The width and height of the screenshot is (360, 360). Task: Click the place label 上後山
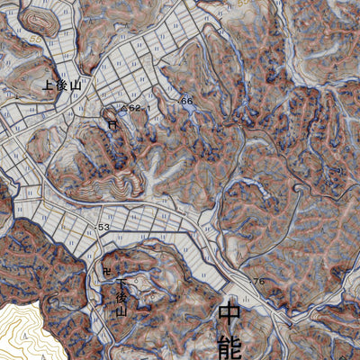click(x=62, y=86)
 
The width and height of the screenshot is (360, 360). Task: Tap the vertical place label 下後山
click(x=121, y=296)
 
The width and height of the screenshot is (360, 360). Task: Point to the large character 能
click(x=230, y=347)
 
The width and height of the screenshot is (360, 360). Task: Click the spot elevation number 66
click(x=187, y=101)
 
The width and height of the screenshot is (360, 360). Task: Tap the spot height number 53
click(x=103, y=228)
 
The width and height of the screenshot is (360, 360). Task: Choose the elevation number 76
click(x=258, y=282)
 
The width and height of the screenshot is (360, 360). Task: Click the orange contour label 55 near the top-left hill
click(x=34, y=41)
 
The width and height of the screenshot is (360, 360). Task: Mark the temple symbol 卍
click(x=107, y=271)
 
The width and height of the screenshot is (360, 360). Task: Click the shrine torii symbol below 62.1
click(x=112, y=126)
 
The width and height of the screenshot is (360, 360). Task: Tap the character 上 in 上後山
click(x=49, y=86)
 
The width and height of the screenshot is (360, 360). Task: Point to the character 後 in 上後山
click(x=62, y=86)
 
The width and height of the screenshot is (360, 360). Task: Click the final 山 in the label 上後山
click(x=76, y=86)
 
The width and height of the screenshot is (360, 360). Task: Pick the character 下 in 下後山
click(x=121, y=283)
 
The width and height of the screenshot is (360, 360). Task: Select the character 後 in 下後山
click(x=121, y=296)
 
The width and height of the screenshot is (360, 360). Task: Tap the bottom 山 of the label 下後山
click(x=121, y=310)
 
